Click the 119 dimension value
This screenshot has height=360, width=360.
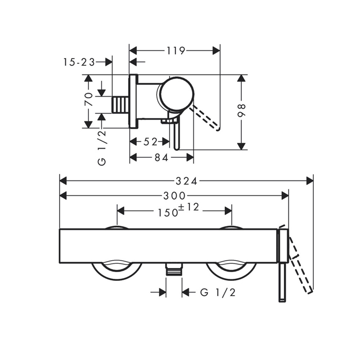(176, 51)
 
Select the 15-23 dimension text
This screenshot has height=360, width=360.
(79, 62)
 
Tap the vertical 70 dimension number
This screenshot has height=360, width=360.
(89, 99)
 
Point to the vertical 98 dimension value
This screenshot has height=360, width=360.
(241, 111)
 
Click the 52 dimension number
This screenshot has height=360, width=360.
(150, 142)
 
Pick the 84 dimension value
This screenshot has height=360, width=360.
(161, 157)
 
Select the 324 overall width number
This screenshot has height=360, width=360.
(186, 182)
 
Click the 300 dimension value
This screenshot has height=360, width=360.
(174, 196)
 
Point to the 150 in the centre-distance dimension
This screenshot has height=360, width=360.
(168, 213)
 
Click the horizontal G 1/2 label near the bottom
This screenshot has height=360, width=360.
(218, 293)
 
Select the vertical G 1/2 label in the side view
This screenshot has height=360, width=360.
(102, 148)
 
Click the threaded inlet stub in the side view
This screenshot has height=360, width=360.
(120, 105)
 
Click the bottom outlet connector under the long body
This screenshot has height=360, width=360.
(174, 269)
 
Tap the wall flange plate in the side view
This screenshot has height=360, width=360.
(133, 101)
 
